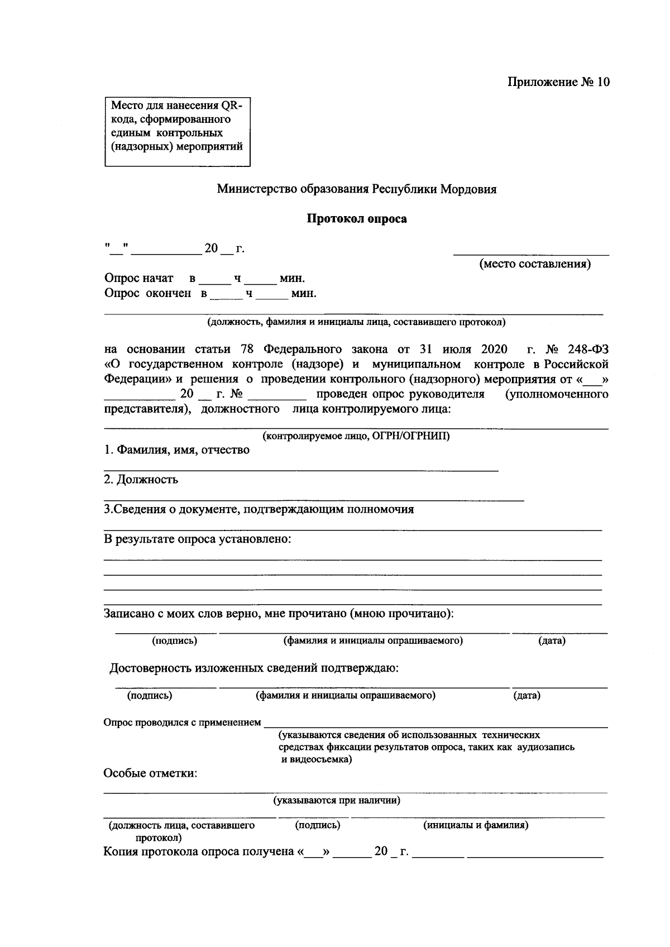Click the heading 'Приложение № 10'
pos(558,82)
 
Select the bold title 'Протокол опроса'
pos(357,219)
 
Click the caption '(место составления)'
pos(535,264)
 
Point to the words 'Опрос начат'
pos(138,278)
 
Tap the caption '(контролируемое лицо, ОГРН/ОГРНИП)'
pos(356,436)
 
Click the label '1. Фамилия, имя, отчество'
pos(177,450)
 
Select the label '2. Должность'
pos(141,480)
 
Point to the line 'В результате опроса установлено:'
pos(198,539)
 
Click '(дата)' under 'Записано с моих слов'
pos(552,641)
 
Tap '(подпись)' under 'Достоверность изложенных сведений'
pos(150,696)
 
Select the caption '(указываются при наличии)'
pos(336,801)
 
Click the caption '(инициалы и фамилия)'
pos(476,825)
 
